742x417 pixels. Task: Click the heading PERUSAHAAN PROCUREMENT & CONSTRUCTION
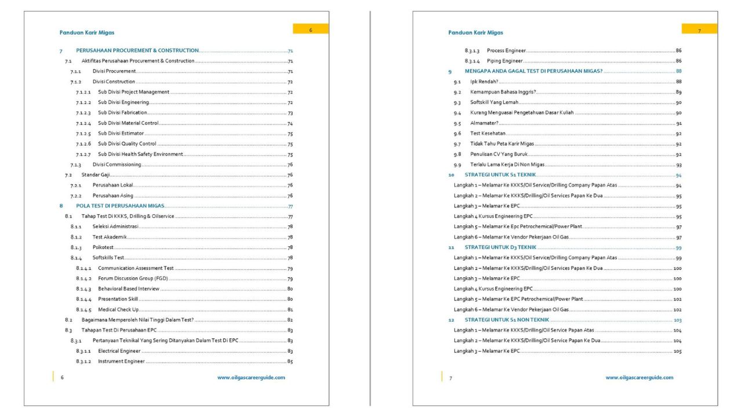click(x=137, y=50)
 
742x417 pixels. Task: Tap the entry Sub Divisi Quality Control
click(x=127, y=144)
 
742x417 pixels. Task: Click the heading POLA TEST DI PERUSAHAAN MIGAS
click(x=120, y=206)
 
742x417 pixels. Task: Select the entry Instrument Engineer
click(x=121, y=361)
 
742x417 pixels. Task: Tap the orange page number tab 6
click(x=311, y=29)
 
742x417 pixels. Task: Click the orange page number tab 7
click(x=699, y=30)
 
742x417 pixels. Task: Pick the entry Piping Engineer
click(x=505, y=61)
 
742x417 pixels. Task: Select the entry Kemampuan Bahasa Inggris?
click(x=503, y=92)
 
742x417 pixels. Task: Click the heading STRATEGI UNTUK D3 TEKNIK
click(x=500, y=247)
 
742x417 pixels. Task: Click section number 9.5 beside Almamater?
click(x=457, y=123)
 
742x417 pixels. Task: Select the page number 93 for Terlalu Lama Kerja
click(x=678, y=164)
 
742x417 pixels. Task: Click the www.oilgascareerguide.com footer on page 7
click(x=639, y=377)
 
